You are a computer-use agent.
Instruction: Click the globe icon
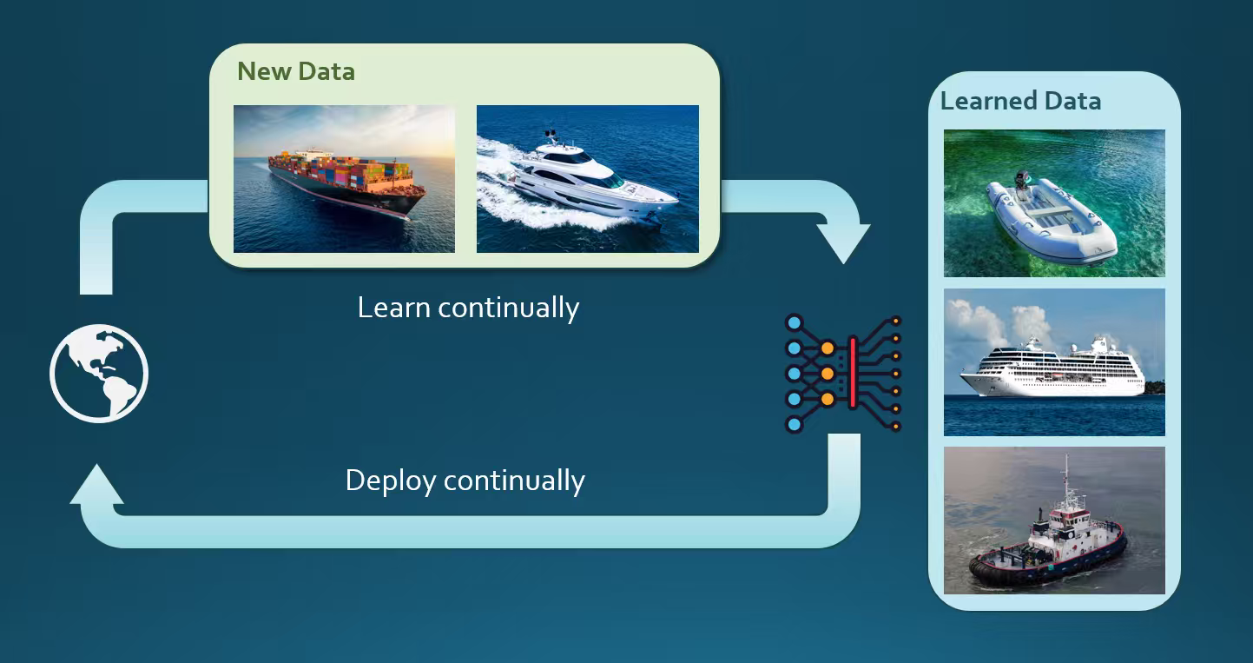click(x=99, y=373)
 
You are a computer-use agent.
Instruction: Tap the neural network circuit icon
click(x=843, y=373)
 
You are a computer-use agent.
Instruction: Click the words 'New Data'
click(x=296, y=71)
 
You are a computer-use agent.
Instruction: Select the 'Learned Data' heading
click(x=1020, y=101)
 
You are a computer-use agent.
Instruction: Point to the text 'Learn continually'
click(x=468, y=308)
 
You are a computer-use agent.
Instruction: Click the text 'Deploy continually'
click(x=465, y=481)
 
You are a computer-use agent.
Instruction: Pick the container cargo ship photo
click(x=344, y=179)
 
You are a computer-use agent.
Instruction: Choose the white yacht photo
click(x=587, y=179)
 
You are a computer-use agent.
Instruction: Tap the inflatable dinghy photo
click(x=1054, y=203)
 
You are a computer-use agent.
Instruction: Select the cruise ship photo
click(x=1054, y=362)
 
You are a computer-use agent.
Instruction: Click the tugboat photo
click(x=1054, y=520)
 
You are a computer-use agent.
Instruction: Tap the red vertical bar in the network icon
click(x=853, y=373)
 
